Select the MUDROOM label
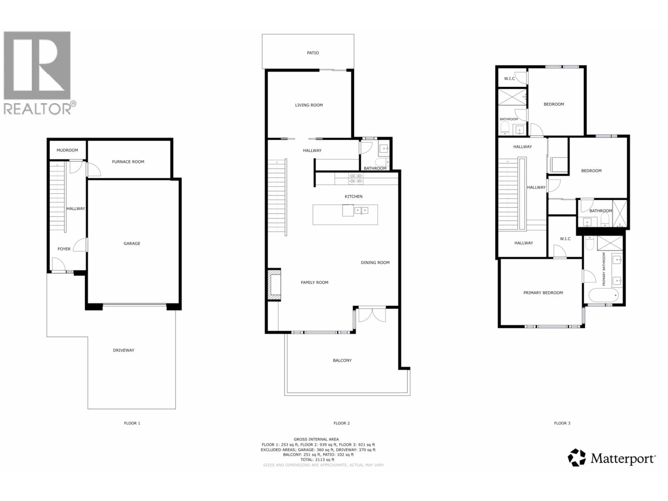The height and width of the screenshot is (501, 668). pyautogui.click(x=67, y=150)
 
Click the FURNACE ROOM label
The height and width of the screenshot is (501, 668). pyautogui.click(x=128, y=162)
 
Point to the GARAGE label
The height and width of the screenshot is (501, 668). pyautogui.click(x=132, y=243)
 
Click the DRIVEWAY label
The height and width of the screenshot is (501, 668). pyautogui.click(x=124, y=350)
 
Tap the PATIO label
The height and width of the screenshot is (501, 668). pyautogui.click(x=313, y=53)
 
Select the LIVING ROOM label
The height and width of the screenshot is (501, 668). pyautogui.click(x=309, y=105)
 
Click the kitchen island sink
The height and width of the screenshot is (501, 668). pyautogui.click(x=361, y=210)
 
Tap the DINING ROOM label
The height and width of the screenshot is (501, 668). pyautogui.click(x=375, y=263)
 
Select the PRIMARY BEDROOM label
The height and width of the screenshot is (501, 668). pyautogui.click(x=543, y=293)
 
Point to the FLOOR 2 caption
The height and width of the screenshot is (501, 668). pyautogui.click(x=341, y=423)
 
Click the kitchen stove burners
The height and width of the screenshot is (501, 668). pyautogui.click(x=356, y=178)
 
